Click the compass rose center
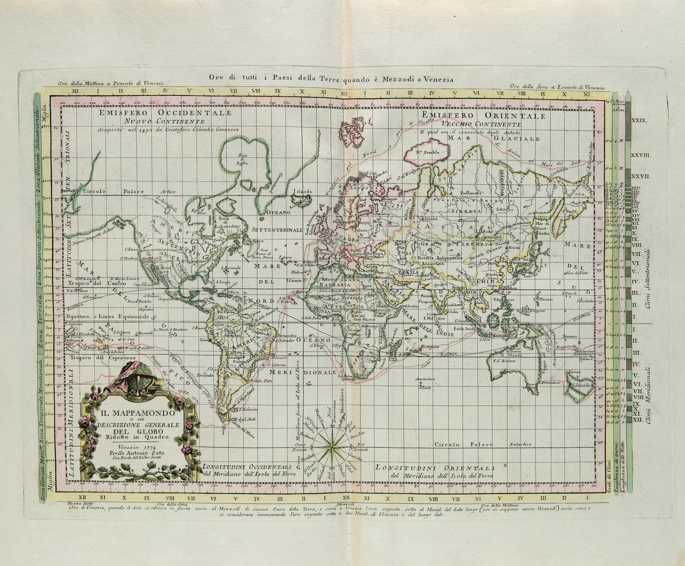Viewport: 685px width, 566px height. point(330,445)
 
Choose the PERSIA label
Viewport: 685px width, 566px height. point(407,271)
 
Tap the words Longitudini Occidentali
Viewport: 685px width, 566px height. point(248,466)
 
